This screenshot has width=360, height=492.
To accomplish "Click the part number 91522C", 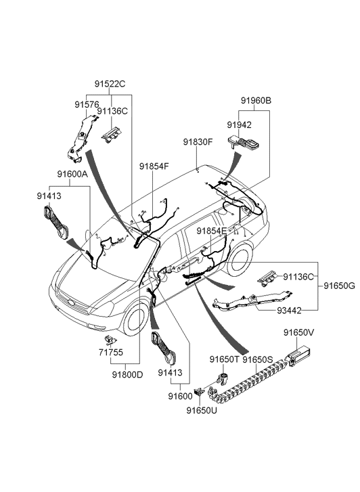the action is [x=110, y=84].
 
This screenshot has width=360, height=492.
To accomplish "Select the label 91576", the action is [x=87, y=104].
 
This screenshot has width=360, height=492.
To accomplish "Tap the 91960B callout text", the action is [x=256, y=101].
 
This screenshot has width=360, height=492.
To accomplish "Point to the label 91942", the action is [x=239, y=125].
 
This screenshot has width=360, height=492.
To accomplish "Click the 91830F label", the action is [x=198, y=142].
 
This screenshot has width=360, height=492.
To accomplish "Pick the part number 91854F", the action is [x=154, y=166].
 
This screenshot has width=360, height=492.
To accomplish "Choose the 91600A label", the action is [x=72, y=174].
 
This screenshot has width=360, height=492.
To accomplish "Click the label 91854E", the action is [x=212, y=231].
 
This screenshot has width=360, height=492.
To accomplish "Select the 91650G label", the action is [x=340, y=286].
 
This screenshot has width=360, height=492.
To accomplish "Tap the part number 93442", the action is [x=289, y=311].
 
